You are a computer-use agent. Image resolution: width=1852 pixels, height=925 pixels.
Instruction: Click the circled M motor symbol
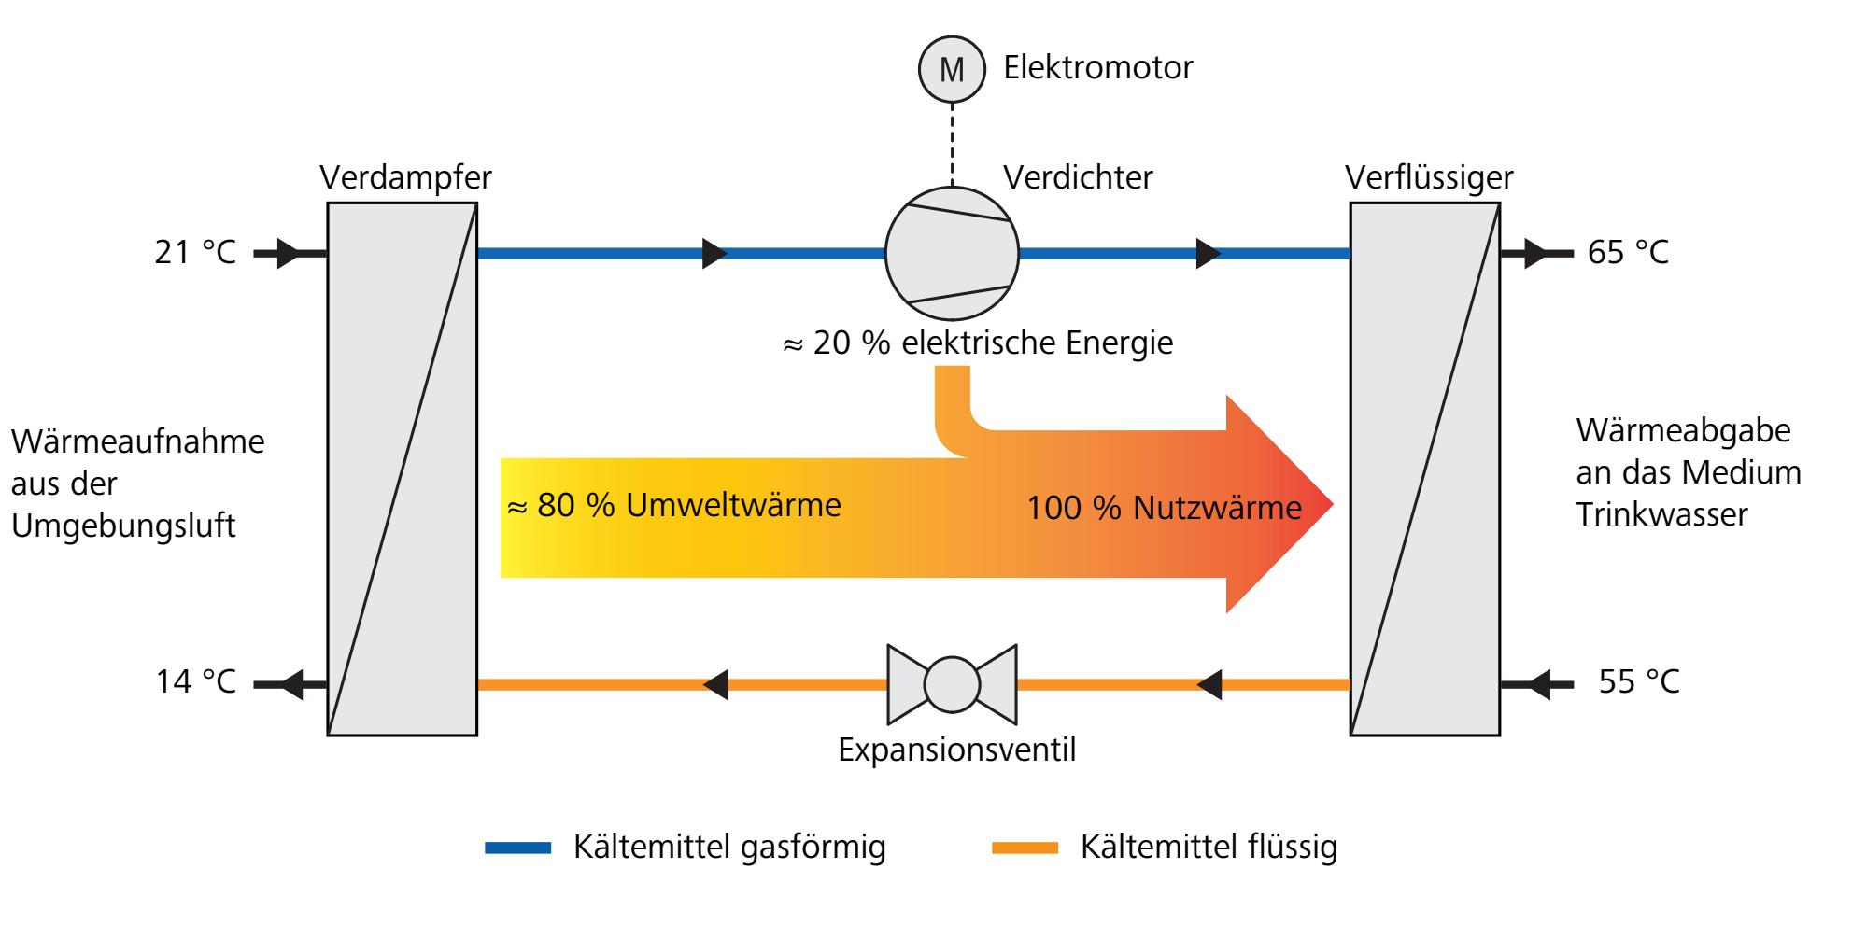[x=952, y=69]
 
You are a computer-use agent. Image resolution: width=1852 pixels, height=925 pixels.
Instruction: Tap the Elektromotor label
[x=1098, y=67]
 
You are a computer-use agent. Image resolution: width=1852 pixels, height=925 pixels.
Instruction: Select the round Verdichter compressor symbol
[x=952, y=253]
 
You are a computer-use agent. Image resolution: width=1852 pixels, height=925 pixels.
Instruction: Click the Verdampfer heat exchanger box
[x=403, y=470]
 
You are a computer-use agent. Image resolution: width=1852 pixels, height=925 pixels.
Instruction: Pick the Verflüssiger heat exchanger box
[x=1425, y=470]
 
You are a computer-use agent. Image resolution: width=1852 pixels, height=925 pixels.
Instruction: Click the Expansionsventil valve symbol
[x=952, y=684]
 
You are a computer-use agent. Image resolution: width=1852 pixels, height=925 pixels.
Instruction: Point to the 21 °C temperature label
[x=195, y=252]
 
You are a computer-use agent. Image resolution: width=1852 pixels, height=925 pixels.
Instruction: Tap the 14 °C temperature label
[x=196, y=681]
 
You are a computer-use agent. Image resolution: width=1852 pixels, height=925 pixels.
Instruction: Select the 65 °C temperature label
[x=1628, y=252]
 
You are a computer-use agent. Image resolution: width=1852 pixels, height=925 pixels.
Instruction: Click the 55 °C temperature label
[x=1639, y=681]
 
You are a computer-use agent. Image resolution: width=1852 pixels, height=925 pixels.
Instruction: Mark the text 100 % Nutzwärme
[x=1164, y=508]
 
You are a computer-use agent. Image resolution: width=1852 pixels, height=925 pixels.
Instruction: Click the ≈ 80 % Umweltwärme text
[x=674, y=505]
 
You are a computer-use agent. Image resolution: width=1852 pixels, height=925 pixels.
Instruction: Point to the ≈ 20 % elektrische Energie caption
[x=978, y=343]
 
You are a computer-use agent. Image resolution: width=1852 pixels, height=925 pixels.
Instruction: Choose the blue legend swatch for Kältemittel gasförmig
[x=518, y=848]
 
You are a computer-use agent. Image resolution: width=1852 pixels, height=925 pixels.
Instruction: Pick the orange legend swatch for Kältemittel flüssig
[x=1025, y=848]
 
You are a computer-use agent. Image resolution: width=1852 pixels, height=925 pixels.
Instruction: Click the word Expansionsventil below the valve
[x=956, y=750]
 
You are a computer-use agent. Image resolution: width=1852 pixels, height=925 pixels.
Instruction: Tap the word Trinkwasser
[x=1661, y=514]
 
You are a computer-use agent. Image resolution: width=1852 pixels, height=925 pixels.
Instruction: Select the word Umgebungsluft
[x=123, y=526]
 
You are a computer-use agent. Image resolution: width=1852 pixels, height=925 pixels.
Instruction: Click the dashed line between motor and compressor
[x=952, y=145]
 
